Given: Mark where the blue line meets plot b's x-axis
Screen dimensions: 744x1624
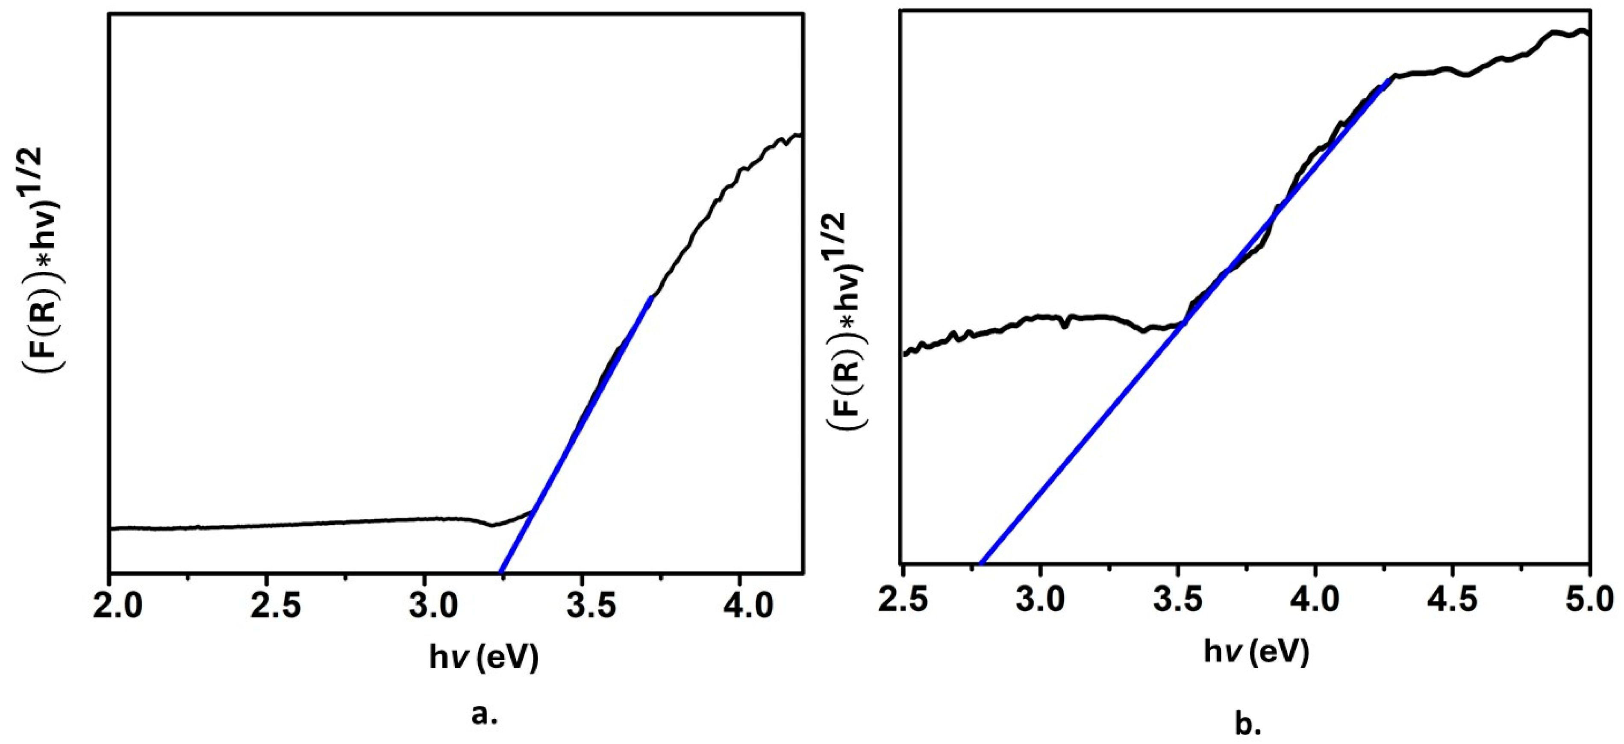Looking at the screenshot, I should pos(981,563).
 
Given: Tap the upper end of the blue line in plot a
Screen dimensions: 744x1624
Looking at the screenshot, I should pos(650,297).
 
